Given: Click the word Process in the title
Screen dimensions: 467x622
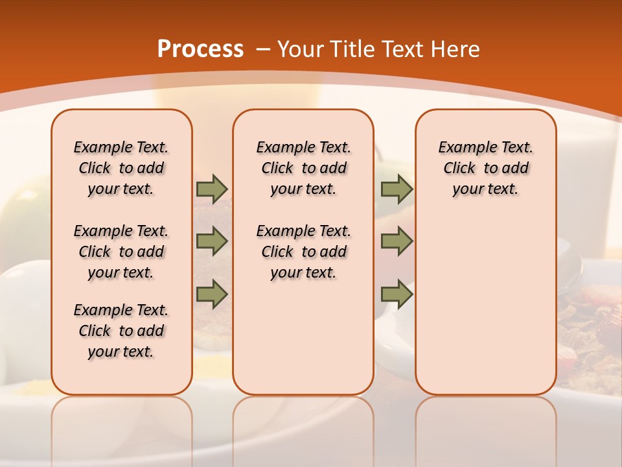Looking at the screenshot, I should click(200, 49).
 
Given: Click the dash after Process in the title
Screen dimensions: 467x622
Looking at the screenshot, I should click(263, 50).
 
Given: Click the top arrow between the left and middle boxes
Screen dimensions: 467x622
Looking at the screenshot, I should click(212, 189).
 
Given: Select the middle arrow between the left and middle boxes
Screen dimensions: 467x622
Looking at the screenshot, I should click(212, 241).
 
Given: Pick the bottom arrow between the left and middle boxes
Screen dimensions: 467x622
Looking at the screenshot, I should click(212, 294).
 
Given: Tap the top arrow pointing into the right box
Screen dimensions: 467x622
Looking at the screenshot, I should click(397, 189).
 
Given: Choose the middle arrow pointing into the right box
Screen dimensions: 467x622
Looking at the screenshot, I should click(397, 241).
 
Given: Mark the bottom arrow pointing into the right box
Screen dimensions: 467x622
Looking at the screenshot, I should click(397, 294).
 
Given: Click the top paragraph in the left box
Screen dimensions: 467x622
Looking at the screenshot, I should click(121, 168).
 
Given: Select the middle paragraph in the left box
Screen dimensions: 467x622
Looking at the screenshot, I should click(121, 252).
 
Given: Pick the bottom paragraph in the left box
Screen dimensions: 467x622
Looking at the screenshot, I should click(121, 331).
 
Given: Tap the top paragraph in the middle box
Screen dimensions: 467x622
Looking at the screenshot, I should click(303, 168).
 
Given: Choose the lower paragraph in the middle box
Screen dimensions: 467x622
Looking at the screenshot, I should click(303, 252).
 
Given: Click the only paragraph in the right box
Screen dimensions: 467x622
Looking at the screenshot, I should click(485, 168).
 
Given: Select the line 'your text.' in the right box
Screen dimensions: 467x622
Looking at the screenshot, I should click(485, 189).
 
